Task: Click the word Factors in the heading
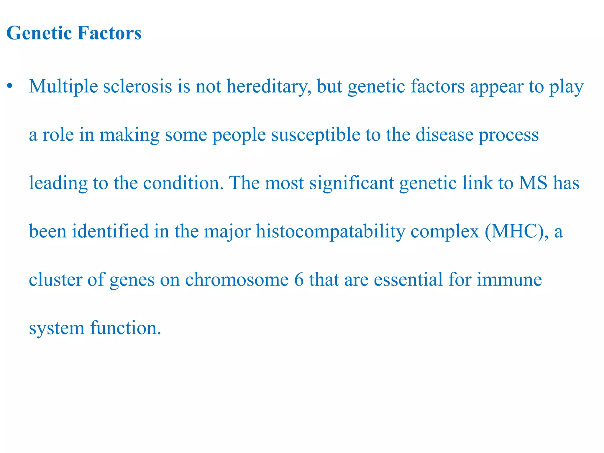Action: pyautogui.click(x=109, y=33)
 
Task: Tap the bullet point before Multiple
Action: pyautogui.click(x=10, y=86)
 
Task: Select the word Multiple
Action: pyautogui.click(x=63, y=86)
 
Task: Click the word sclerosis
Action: pyautogui.click(x=137, y=86)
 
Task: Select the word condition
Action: pyautogui.click(x=183, y=183)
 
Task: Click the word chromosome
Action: pyautogui.click(x=237, y=279)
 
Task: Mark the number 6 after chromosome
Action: pyautogui.click(x=299, y=279)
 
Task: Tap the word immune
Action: pyautogui.click(x=509, y=279)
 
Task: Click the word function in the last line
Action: pyautogui.click(x=126, y=328)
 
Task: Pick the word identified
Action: pyautogui.click(x=110, y=231)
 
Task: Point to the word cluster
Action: pyautogui.click(x=55, y=279)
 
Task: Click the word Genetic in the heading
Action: pyautogui.click(x=39, y=33)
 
